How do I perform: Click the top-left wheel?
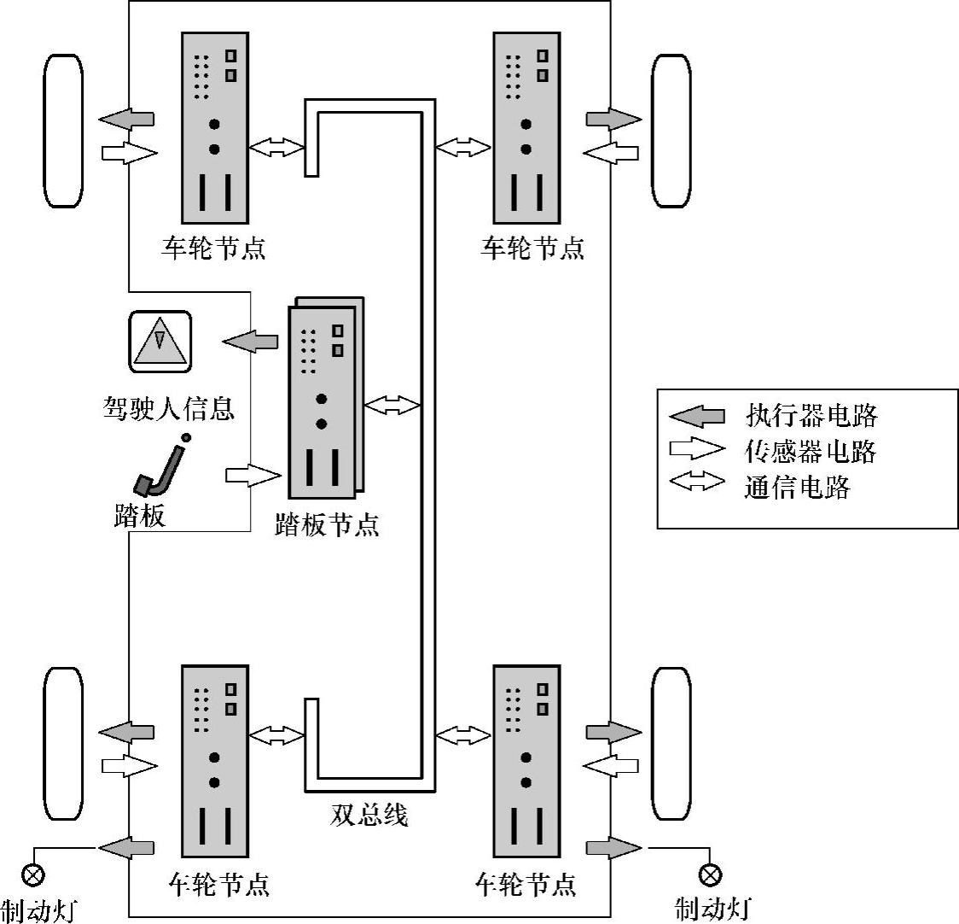coord(63,131)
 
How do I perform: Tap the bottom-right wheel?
coord(671,744)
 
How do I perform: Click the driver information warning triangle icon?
coord(160,342)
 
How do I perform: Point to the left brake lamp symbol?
coord(32,874)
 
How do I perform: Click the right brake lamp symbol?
coord(710,874)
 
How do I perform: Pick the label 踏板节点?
coord(327,525)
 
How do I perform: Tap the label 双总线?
coord(369,815)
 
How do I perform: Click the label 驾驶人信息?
coord(169,408)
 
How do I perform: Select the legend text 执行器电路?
coord(811,416)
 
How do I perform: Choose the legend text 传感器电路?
coord(811,451)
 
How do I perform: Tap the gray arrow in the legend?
coord(696,417)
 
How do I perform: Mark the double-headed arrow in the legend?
coord(697,482)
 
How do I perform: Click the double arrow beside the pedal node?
coord(392,405)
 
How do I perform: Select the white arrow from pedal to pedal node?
coord(253,475)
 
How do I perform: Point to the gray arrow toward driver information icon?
coord(249,341)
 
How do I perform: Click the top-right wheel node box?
coord(526,128)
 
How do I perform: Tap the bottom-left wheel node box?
coord(215,761)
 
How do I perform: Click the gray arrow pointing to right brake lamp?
coord(614,848)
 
